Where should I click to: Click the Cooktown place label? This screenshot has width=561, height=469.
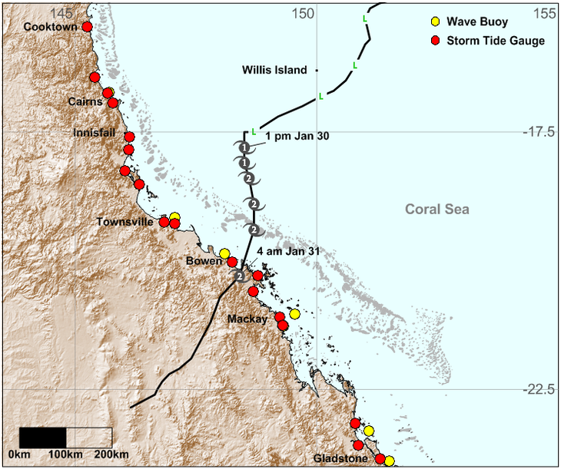[x=51, y=27]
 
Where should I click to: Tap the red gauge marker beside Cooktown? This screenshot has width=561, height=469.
[x=87, y=27]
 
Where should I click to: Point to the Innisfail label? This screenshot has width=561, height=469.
[x=95, y=133]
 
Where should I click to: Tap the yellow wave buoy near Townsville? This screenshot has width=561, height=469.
[x=175, y=217]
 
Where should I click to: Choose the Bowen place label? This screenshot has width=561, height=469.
[x=204, y=261]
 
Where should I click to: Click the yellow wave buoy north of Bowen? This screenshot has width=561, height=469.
[x=224, y=253]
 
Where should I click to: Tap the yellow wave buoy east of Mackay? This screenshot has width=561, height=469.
[x=294, y=314]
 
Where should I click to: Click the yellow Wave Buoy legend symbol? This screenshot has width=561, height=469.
[x=436, y=21]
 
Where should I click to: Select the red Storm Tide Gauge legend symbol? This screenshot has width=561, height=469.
[x=436, y=41]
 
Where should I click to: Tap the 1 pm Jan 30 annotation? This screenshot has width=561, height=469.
[x=297, y=136]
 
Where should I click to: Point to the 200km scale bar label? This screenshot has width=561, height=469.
[x=112, y=456]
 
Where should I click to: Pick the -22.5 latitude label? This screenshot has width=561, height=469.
[x=537, y=389]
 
